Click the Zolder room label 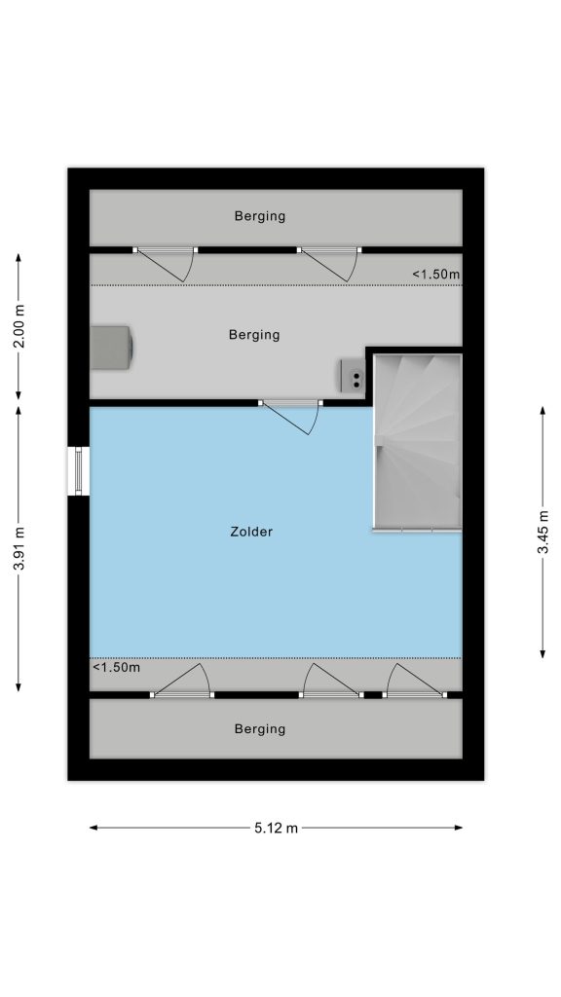click(251, 532)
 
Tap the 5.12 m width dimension click(276, 828)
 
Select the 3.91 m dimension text click(19, 549)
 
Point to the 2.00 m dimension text click(19, 326)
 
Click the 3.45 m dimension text click(543, 532)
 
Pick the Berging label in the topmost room click(260, 216)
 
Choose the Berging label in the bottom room click(260, 728)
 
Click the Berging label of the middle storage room click(254, 335)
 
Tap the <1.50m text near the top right click(435, 275)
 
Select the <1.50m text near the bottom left click(117, 667)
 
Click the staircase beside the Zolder click(417, 442)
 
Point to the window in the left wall click(79, 471)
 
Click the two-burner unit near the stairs click(353, 375)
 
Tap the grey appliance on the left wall click(111, 348)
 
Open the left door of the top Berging click(166, 263)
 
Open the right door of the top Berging click(329, 263)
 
